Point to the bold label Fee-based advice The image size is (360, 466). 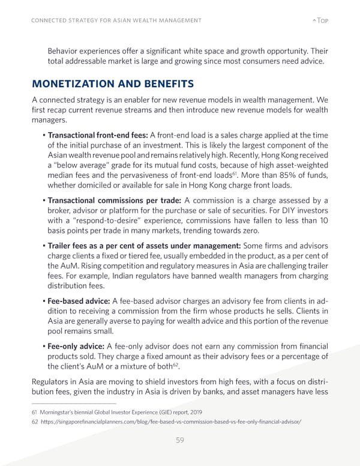click(x=77, y=300)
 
